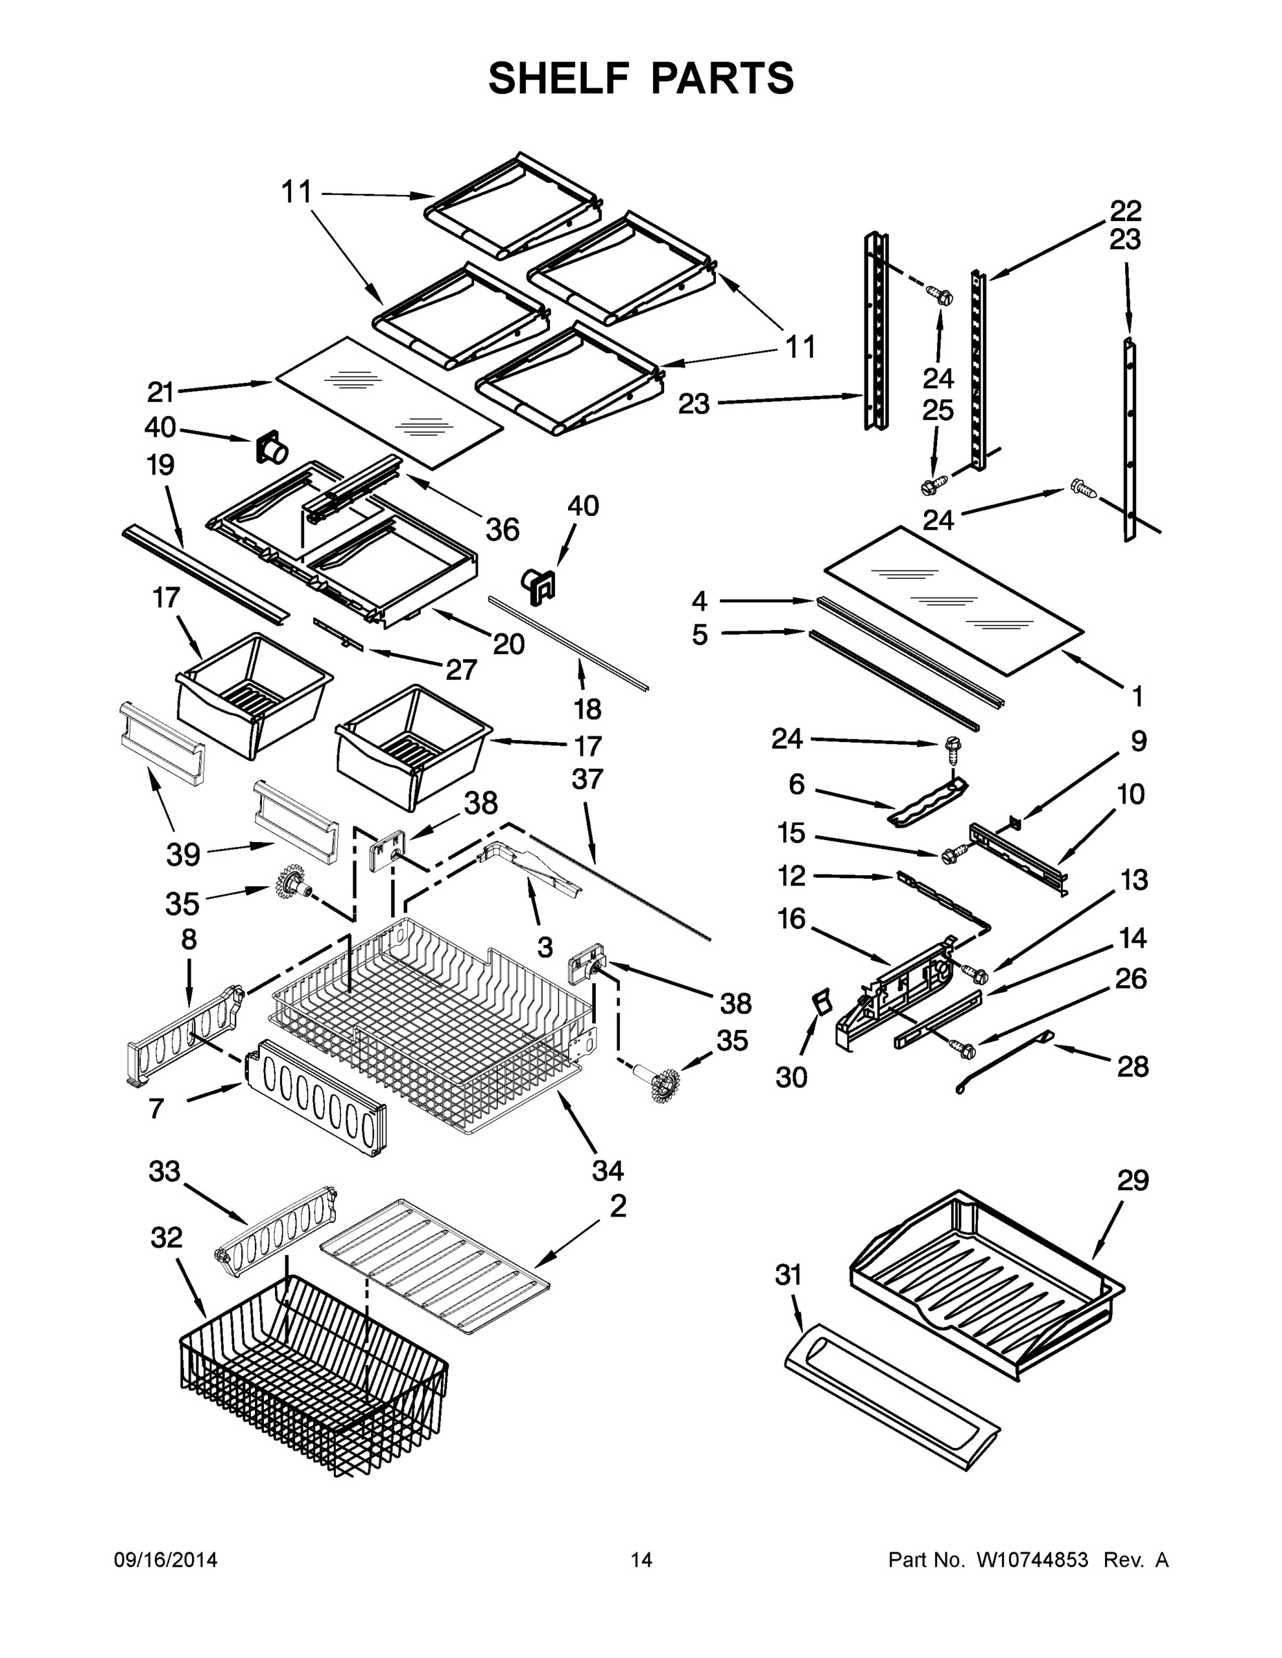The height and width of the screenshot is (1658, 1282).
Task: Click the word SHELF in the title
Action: pyautogui.click(x=559, y=78)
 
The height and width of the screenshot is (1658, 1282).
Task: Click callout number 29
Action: pyautogui.click(x=1133, y=1181)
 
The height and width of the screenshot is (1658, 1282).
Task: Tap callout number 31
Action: pyautogui.click(x=789, y=1275)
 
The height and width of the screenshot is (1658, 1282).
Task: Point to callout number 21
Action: pyautogui.click(x=160, y=392)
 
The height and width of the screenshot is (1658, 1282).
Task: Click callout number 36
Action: pyautogui.click(x=502, y=529)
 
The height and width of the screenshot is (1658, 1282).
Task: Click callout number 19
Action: pyautogui.click(x=160, y=465)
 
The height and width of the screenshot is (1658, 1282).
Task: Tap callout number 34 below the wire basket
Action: pyautogui.click(x=607, y=1171)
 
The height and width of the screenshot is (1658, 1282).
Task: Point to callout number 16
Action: pyautogui.click(x=791, y=919)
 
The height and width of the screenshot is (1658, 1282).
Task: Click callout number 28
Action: pyautogui.click(x=1133, y=1067)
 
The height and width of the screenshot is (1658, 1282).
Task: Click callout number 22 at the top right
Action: pyautogui.click(x=1125, y=209)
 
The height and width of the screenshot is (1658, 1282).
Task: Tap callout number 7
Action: pyautogui.click(x=155, y=1108)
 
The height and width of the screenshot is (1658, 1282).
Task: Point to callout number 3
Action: pyautogui.click(x=545, y=946)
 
